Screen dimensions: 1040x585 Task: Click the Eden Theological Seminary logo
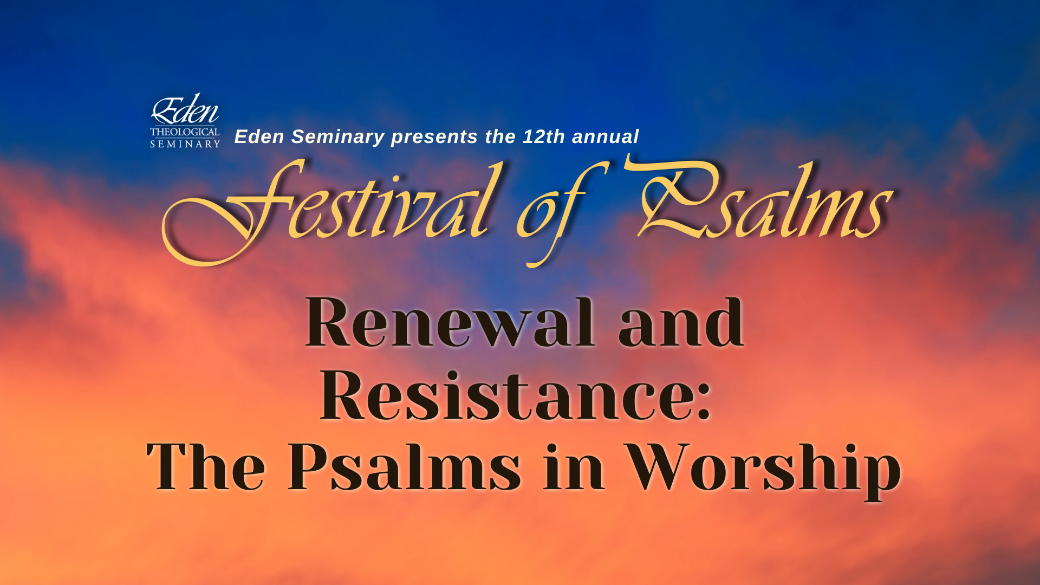click(x=185, y=120)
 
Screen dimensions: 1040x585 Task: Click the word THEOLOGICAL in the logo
click(x=185, y=132)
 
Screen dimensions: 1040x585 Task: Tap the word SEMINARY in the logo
click(x=185, y=144)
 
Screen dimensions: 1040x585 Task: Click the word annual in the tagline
click(x=606, y=136)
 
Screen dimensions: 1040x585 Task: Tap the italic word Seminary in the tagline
click(x=338, y=137)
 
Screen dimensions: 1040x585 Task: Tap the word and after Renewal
click(x=681, y=323)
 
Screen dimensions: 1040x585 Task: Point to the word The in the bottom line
click(x=206, y=466)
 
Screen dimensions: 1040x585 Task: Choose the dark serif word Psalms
click(x=404, y=466)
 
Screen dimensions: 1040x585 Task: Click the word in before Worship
click(x=574, y=466)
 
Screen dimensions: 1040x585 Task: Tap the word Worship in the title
click(x=763, y=470)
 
